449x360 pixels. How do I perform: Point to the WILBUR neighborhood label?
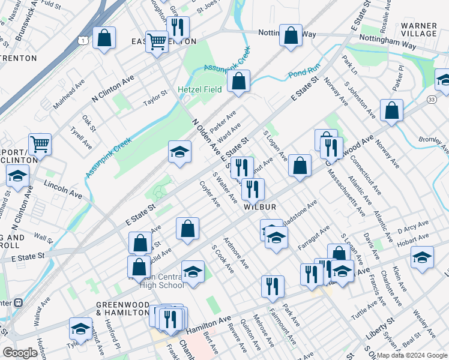tap(260, 207)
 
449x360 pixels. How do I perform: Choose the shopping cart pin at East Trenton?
tap(157, 42)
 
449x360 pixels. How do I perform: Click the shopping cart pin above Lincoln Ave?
tap(40, 143)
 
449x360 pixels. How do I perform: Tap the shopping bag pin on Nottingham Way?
tap(291, 35)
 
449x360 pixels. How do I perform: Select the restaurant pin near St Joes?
tap(178, 27)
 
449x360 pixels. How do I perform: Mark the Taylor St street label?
tap(155, 98)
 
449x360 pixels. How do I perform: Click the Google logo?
tap(20, 353)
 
